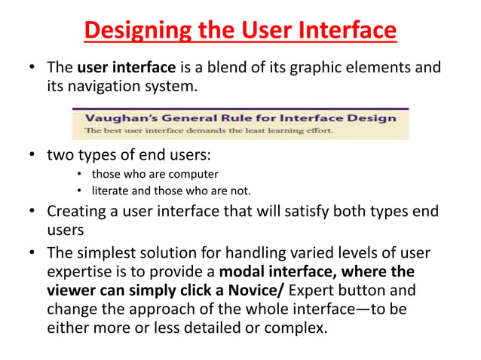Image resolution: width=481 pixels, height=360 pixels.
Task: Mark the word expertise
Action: (81, 270)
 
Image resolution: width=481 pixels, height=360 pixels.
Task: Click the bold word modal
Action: (253, 270)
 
